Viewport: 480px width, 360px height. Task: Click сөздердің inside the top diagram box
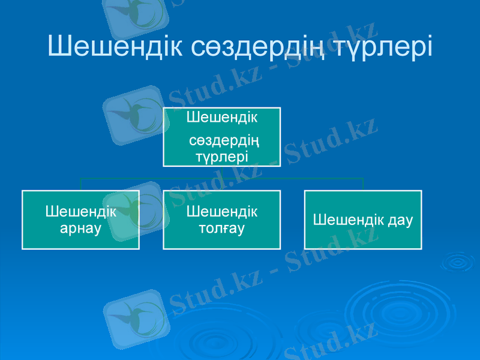click(224, 142)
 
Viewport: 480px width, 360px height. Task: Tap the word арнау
click(81, 228)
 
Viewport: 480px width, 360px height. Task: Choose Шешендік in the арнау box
click(81, 212)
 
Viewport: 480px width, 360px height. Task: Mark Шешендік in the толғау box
click(221, 212)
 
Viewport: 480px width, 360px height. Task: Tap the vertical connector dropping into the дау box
click(363, 184)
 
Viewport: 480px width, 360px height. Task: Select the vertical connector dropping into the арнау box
click(81, 184)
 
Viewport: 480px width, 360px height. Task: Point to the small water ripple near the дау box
click(457, 262)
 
